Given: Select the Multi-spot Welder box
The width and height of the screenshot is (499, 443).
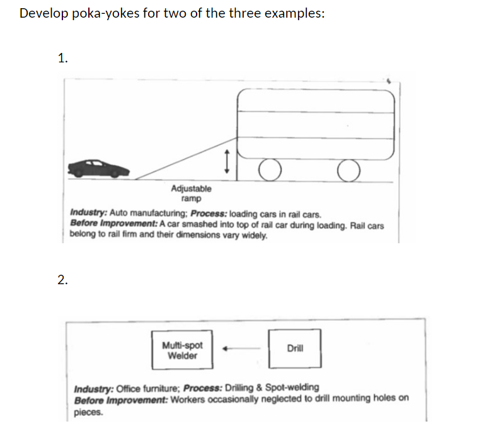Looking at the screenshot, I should (182, 350).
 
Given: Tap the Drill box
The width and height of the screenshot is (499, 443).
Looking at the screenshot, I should (295, 348).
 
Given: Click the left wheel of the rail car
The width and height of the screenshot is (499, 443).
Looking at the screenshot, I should (269, 169).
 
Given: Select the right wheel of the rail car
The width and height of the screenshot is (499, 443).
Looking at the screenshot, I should (348, 169).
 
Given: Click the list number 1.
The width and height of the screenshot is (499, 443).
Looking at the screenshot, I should (62, 59).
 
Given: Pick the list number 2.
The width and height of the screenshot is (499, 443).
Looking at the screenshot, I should (62, 280).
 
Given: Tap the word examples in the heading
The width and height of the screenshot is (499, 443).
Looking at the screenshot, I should (294, 14).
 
